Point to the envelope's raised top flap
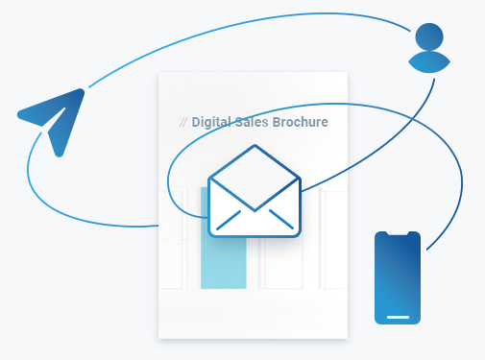click(x=255, y=163)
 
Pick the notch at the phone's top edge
click(x=398, y=234)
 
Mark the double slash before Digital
click(x=183, y=122)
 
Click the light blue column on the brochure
click(x=223, y=259)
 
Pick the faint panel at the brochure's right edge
click(x=333, y=240)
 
